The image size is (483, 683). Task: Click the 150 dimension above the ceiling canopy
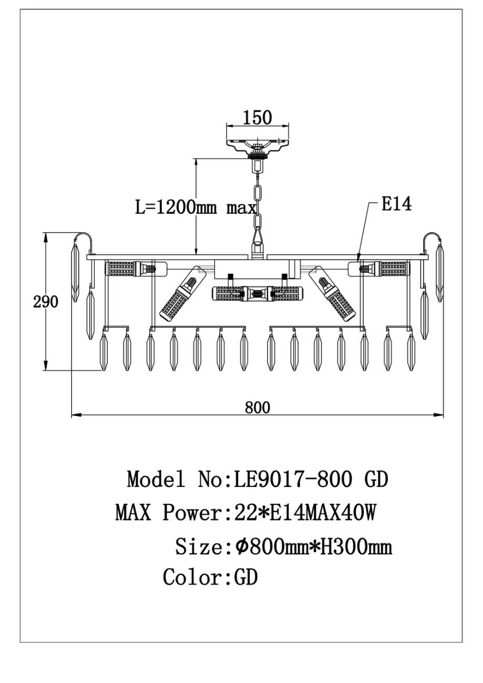point(257,118)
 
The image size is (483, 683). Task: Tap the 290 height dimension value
point(45,302)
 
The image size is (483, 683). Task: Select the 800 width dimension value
point(257,407)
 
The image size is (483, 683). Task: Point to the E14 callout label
point(396,204)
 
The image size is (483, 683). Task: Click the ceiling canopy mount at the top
point(258,144)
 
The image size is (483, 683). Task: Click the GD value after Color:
point(245,577)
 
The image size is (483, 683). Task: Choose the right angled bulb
point(335,295)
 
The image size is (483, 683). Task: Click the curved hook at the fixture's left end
point(84,239)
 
